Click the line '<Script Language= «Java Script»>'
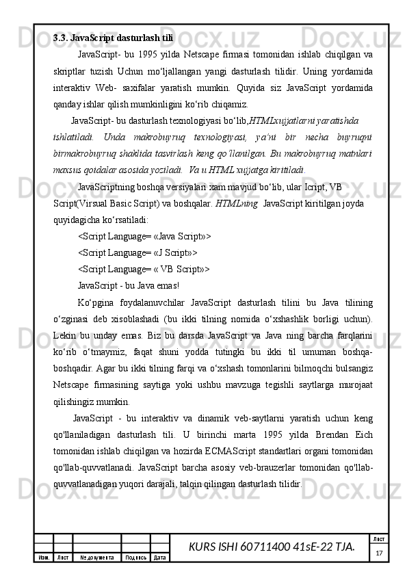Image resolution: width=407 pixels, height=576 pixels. coord(144,237)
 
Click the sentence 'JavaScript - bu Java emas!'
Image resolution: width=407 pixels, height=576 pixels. coord(129,285)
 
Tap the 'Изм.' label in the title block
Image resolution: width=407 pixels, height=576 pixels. coord(43,558)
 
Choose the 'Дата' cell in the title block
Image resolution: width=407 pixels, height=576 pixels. coord(161,558)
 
